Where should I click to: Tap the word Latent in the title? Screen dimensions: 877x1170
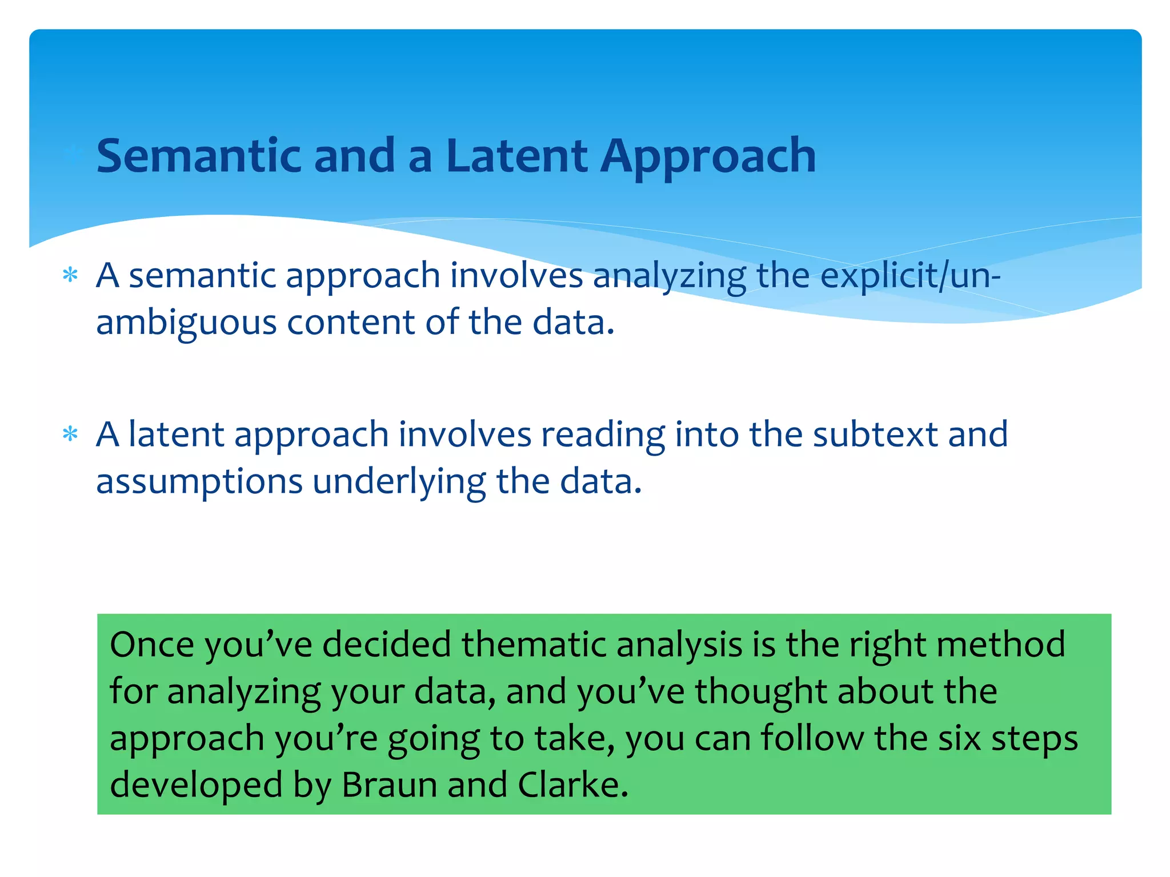click(516, 156)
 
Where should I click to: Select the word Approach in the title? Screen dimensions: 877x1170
click(708, 157)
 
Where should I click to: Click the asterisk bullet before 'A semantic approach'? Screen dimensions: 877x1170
click(70, 276)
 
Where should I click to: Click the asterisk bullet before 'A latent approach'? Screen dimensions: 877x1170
click(70, 435)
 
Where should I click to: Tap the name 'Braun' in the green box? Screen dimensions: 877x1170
click(389, 785)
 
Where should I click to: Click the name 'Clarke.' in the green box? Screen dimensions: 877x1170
click(573, 785)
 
